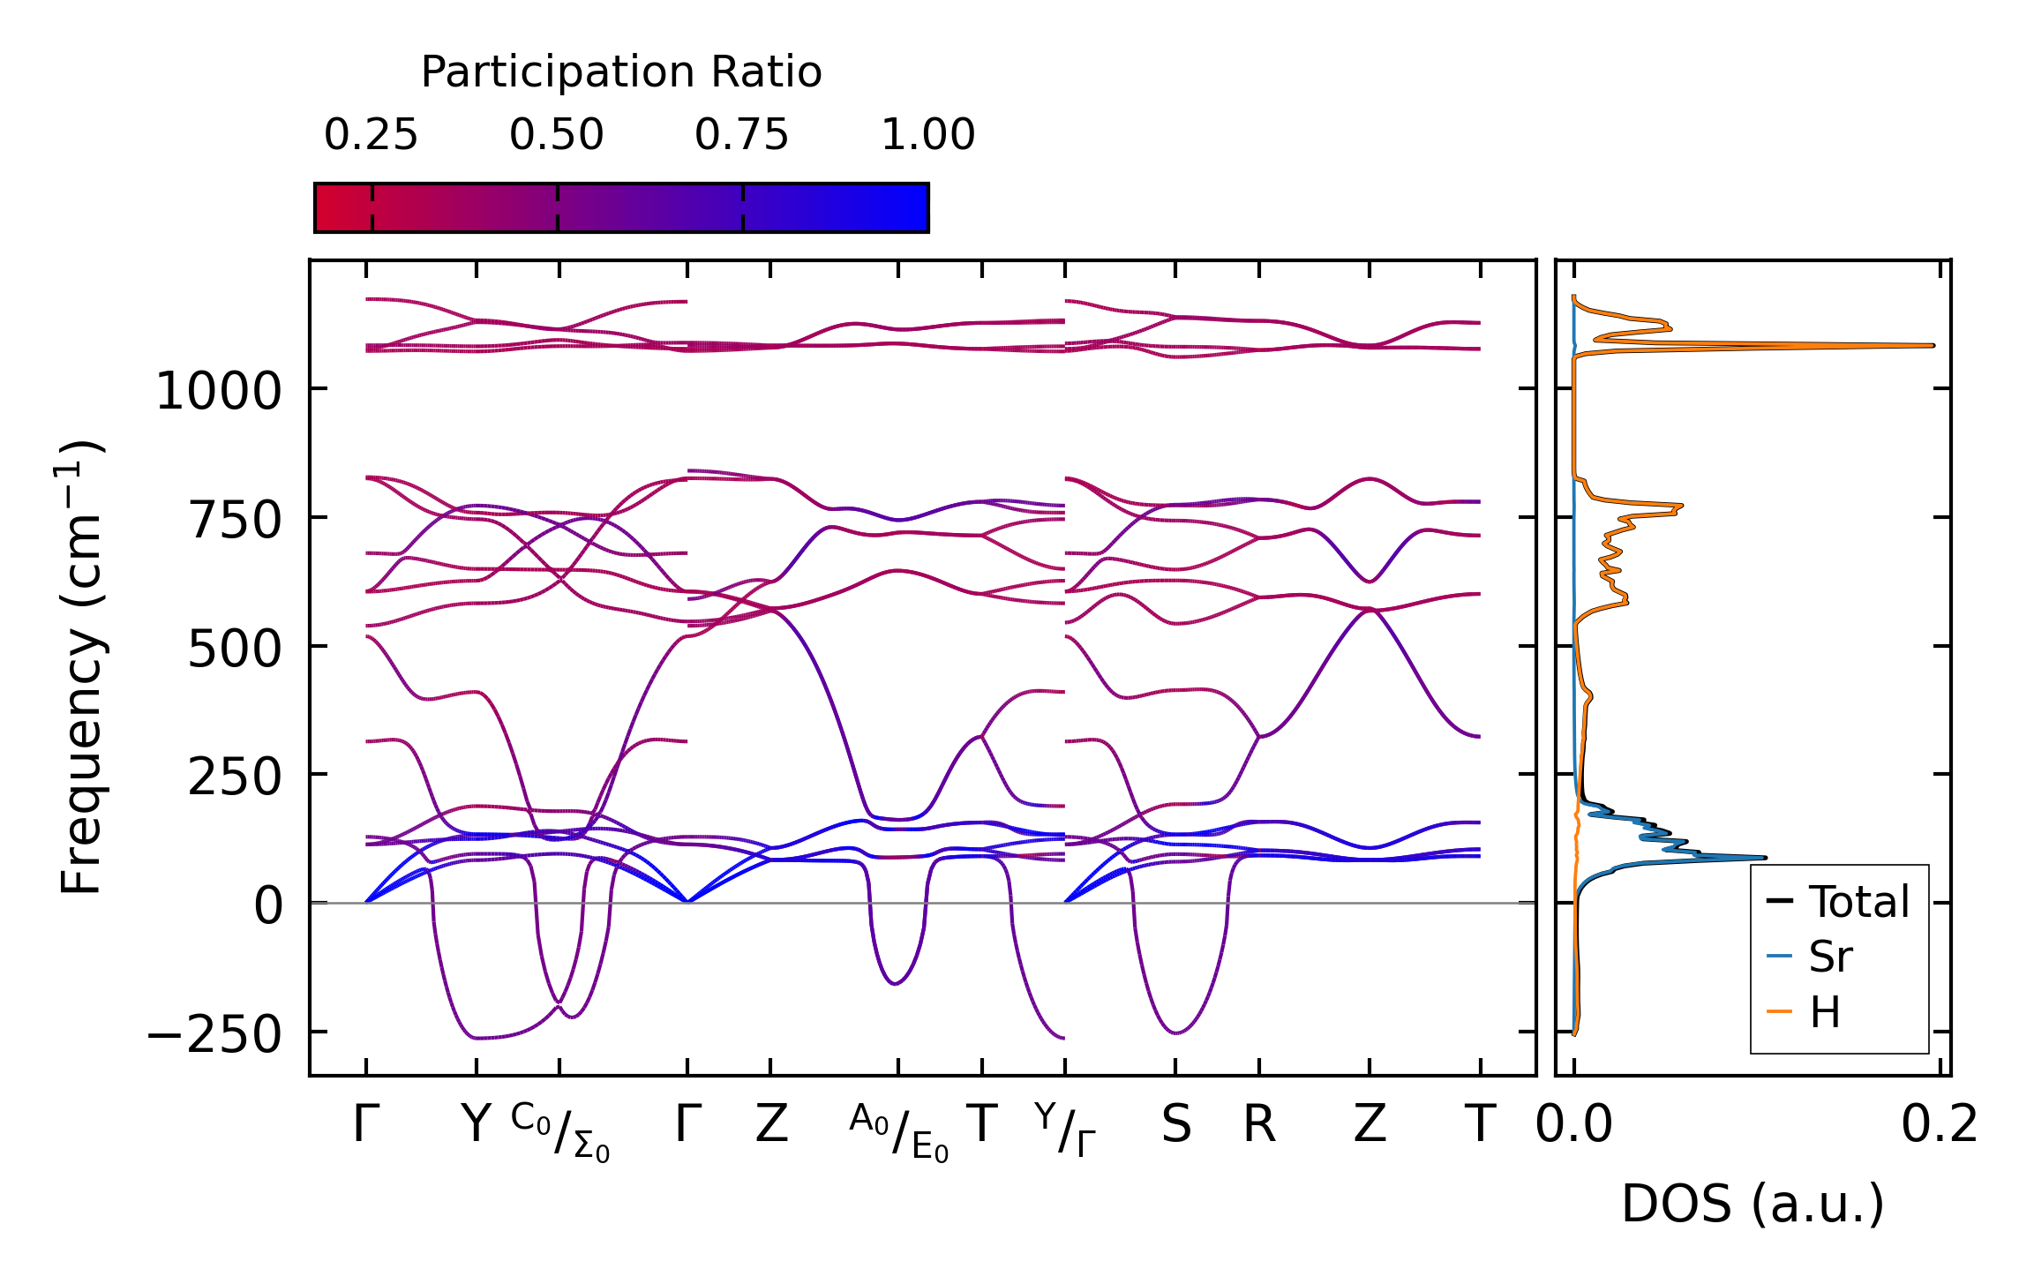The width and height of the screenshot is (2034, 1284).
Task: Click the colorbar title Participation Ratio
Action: (620, 72)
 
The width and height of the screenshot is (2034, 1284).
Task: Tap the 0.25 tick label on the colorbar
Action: (371, 135)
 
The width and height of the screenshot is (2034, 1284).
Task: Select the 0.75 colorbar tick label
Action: (741, 135)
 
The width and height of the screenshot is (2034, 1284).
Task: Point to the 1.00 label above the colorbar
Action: (927, 135)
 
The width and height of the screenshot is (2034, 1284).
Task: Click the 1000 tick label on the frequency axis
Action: (218, 391)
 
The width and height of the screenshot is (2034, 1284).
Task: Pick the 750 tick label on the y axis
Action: (235, 520)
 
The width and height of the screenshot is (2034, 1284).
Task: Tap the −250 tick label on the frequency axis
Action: (214, 1034)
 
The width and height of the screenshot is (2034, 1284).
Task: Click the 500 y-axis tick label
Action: (235, 649)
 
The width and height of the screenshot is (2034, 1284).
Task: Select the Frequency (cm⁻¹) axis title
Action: (82, 667)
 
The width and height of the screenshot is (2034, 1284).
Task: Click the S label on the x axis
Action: (1175, 1125)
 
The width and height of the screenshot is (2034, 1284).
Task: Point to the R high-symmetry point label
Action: (1259, 1125)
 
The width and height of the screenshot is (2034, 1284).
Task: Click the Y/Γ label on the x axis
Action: (1065, 1130)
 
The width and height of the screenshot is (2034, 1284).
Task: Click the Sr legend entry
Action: (1830, 957)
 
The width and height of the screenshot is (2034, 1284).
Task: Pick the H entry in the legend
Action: (1825, 1012)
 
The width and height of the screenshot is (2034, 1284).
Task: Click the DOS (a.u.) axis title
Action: (1753, 1204)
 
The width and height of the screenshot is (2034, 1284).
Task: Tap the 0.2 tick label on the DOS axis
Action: (1940, 1125)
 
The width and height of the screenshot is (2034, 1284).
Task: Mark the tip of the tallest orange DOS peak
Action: (1933, 345)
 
